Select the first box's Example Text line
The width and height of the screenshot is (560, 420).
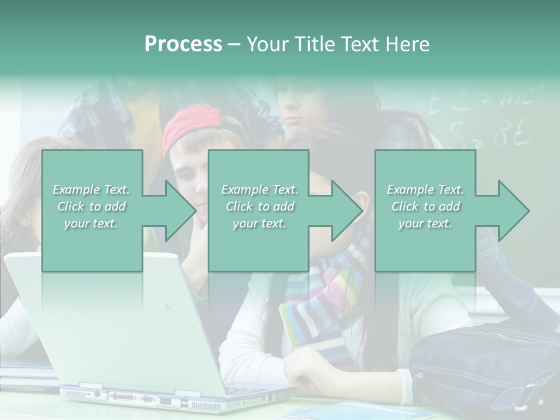[x=92, y=190]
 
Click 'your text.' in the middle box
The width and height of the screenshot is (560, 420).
[x=259, y=223]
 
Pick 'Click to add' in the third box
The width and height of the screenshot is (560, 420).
[x=426, y=206]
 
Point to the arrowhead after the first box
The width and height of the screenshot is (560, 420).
[x=178, y=211]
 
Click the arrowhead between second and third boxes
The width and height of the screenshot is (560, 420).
[x=345, y=211]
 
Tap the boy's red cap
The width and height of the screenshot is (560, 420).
[x=192, y=125]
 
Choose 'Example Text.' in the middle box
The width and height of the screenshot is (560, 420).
[x=260, y=190]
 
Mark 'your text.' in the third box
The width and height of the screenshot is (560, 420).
[x=425, y=223]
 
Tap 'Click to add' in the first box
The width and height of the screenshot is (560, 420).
[x=92, y=206]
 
